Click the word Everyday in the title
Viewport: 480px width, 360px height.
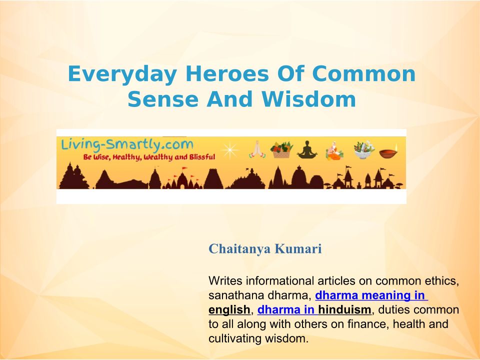click(122, 74)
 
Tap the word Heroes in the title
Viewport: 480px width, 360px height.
click(227, 74)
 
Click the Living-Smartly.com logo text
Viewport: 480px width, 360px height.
click(127, 144)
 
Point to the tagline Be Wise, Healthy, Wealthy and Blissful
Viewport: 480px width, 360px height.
click(149, 157)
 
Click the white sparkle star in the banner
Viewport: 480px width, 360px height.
click(229, 150)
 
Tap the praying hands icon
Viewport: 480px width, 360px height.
click(257, 149)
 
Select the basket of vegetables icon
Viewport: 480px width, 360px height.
click(281, 149)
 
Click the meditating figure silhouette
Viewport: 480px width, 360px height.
click(307, 149)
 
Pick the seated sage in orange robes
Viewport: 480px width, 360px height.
click(334, 150)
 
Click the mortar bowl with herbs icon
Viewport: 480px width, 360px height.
click(364, 149)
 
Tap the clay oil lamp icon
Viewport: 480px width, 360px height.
click(388, 151)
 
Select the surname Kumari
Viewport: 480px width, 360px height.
click(298, 248)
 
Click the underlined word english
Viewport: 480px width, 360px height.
click(229, 310)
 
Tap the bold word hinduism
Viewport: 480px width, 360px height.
click(344, 310)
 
